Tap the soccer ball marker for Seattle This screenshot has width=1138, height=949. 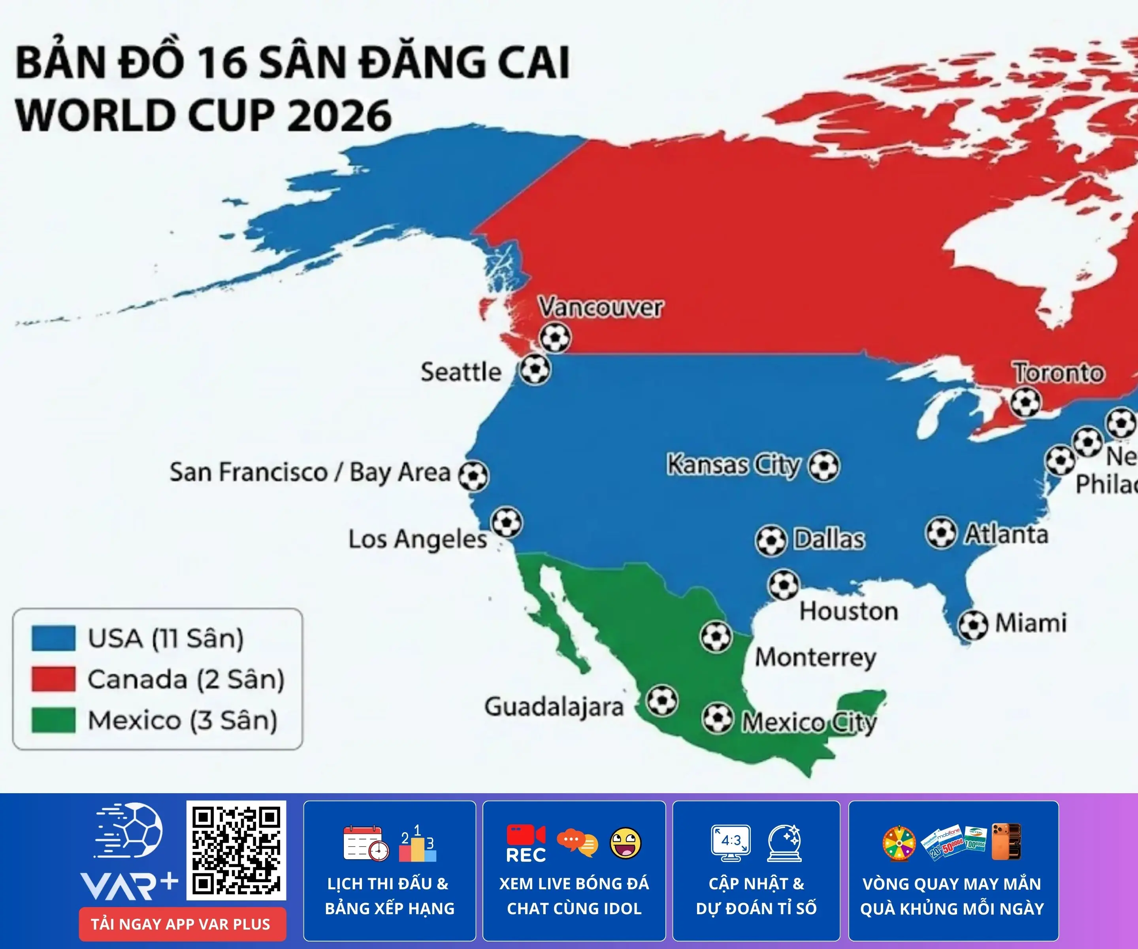click(x=535, y=369)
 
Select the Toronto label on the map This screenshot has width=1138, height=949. click(x=1058, y=373)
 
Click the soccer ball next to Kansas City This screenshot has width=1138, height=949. click(x=824, y=465)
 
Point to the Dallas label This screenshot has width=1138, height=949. click(x=829, y=539)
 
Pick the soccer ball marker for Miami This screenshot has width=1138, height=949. click(x=973, y=625)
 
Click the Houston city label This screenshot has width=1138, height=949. click(x=849, y=611)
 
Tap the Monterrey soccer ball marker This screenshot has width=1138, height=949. click(x=716, y=636)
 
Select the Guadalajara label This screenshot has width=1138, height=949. click(x=554, y=707)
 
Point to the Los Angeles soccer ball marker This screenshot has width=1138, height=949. click(x=507, y=522)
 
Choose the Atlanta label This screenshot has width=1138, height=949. click(x=1006, y=534)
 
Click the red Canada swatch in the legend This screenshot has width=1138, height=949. click(x=53, y=679)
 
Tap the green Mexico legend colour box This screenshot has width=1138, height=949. click(x=53, y=720)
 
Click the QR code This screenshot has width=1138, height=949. click(x=236, y=850)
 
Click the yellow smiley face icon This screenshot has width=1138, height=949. click(x=626, y=843)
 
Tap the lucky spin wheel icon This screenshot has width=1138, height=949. click(x=899, y=843)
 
